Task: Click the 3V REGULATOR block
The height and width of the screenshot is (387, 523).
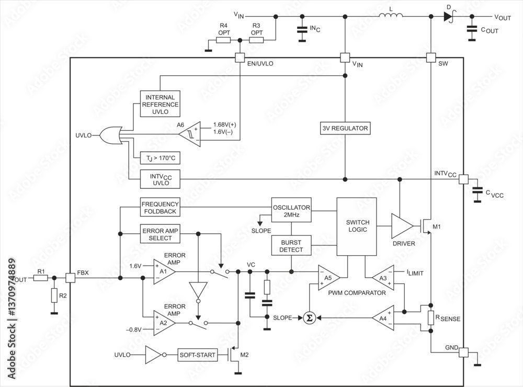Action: pyautogui.click(x=345, y=128)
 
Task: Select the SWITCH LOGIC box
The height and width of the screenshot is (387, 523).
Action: pyautogui.click(x=356, y=226)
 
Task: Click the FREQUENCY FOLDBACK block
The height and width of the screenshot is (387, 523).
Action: pyautogui.click(x=160, y=208)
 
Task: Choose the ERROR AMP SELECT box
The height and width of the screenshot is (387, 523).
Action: pyautogui.click(x=160, y=234)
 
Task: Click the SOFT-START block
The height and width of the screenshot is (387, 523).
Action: pyautogui.click(x=197, y=356)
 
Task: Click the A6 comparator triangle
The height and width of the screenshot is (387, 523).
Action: pyautogui.click(x=189, y=134)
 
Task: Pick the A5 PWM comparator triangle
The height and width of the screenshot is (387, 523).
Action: pyautogui.click(x=328, y=277)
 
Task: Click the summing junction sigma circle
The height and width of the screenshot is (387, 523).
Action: pyautogui.click(x=309, y=317)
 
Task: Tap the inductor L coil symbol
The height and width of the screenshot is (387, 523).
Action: pyautogui.click(x=391, y=17)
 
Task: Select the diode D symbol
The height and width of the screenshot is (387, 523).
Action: pyautogui.click(x=448, y=17)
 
